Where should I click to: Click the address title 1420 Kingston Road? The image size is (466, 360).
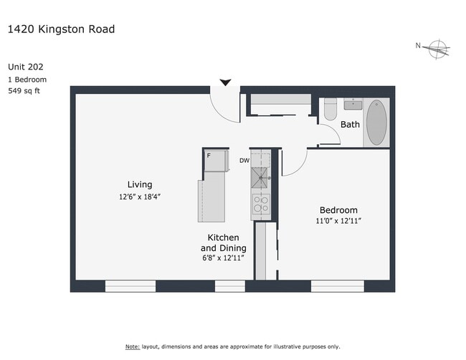(x=61, y=29)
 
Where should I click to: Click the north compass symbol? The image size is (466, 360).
(x=437, y=49)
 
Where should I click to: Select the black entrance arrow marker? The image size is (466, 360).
(x=225, y=82)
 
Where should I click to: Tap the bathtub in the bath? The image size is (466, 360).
(x=376, y=123)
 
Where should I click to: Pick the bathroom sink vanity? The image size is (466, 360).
(x=353, y=105)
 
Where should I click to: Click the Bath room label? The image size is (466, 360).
(x=350, y=125)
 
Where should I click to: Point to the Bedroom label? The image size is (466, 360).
(x=338, y=210)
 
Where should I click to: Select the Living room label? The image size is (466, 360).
(x=140, y=185)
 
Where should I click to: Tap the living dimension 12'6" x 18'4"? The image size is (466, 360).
(x=140, y=196)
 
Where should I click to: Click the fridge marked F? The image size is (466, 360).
(x=214, y=161)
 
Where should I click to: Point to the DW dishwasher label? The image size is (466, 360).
(x=244, y=161)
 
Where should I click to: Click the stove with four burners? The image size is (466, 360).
(x=260, y=205)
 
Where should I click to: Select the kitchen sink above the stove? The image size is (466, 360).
(x=260, y=176)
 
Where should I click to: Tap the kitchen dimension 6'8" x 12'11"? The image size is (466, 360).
(x=223, y=257)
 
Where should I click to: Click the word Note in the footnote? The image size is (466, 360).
(x=133, y=346)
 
